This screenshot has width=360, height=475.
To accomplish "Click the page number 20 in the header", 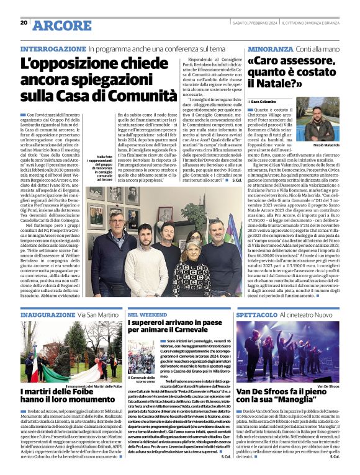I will (x=24, y=22).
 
